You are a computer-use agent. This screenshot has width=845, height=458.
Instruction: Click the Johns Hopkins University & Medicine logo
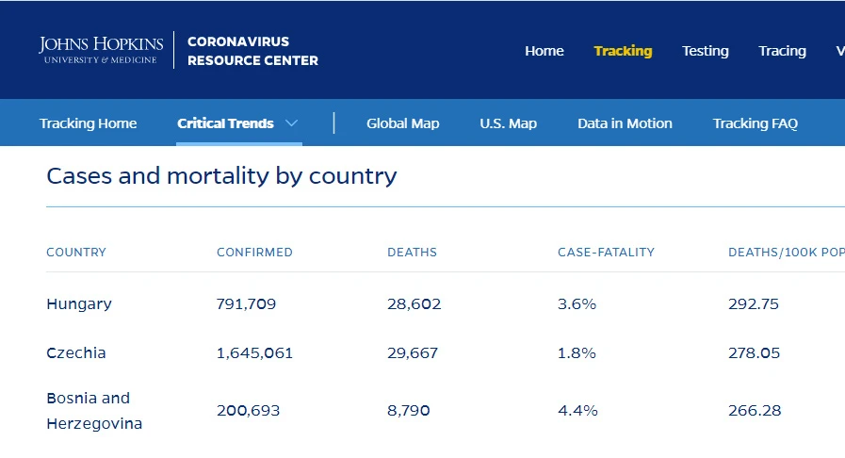101,50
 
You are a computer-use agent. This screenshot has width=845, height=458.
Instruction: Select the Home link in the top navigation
544,51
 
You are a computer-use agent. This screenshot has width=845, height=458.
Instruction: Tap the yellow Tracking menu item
623,51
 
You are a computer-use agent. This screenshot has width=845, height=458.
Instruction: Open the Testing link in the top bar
705,51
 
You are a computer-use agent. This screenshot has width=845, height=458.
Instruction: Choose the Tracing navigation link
782,51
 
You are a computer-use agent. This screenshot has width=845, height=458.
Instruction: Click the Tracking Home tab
88,123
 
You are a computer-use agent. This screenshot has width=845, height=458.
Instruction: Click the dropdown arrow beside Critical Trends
291,123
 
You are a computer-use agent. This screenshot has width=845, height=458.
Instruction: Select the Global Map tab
402,123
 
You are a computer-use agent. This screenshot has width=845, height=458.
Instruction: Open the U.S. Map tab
508,123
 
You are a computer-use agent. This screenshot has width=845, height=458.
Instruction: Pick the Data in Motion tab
625,123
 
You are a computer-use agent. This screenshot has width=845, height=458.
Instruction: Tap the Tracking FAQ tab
755,123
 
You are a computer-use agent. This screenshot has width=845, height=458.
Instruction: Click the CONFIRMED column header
254,253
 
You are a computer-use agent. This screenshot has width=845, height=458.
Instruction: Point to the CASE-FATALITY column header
606,253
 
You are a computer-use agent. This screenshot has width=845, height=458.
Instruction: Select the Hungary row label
79,304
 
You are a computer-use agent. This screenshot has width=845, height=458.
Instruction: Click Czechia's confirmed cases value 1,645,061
254,353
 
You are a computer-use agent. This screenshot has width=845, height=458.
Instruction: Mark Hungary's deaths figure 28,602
414,303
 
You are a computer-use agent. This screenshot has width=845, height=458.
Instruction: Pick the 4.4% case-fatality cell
577,411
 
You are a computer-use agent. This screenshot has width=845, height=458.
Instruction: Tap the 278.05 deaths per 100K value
754,353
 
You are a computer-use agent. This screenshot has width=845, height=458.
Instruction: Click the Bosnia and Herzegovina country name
94,411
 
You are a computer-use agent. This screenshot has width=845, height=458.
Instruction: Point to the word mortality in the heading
218,176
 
